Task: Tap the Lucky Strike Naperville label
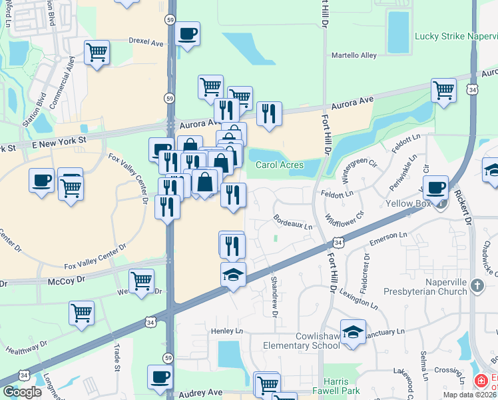point(456,35)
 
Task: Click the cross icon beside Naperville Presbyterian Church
point(476,286)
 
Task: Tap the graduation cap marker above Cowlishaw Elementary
point(353,331)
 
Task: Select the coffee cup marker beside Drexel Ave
point(188,34)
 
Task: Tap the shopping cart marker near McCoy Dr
point(141,282)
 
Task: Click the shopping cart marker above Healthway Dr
point(81,313)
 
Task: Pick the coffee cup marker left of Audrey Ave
point(160,377)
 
